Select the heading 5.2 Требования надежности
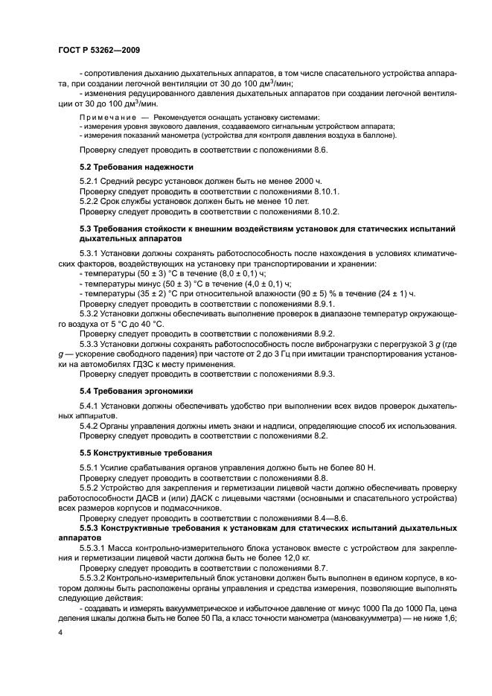[x=126, y=167]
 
